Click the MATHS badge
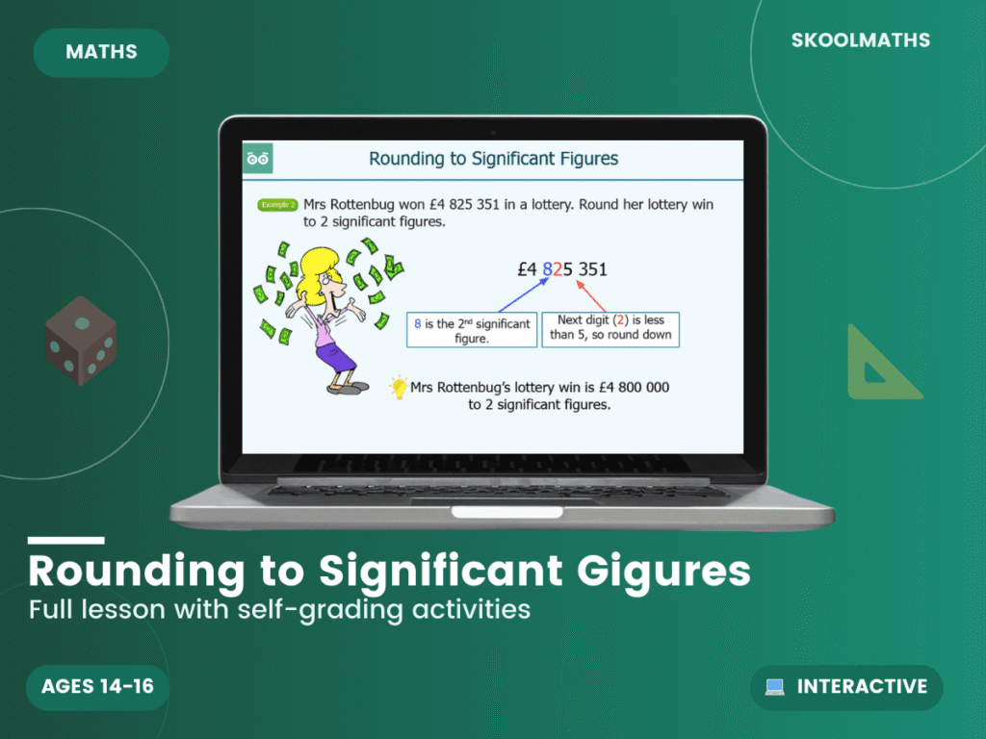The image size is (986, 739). pos(101,52)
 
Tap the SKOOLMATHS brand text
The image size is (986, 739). pos(860,40)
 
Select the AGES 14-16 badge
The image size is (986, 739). pos(97,687)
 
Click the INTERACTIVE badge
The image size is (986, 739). pos(846,687)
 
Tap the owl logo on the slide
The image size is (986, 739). pos(258,159)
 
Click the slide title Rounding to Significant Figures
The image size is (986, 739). pos(493,159)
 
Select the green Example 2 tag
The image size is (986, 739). pos(277,205)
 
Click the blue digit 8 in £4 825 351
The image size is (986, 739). pos(548,268)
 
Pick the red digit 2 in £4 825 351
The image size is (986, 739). pos(558,268)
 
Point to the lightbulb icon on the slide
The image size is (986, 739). pos(398,388)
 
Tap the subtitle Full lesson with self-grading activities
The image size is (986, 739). pos(279,610)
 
